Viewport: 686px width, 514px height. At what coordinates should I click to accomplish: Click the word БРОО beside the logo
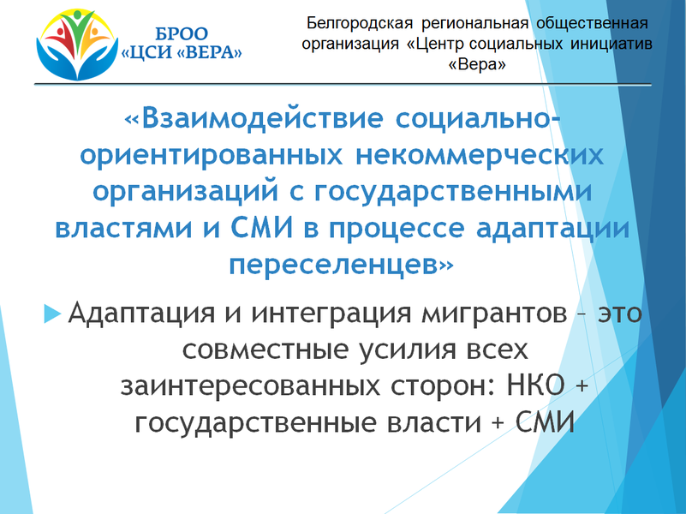tap(182, 33)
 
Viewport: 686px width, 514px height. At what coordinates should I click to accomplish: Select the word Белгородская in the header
tap(360, 24)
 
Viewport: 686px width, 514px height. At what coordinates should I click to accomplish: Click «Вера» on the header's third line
tap(477, 64)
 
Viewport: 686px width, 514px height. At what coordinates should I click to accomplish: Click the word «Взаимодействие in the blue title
tap(254, 118)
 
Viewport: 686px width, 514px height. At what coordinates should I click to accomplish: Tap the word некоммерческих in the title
tap(480, 155)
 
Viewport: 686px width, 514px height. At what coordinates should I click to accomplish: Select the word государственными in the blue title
tap(452, 192)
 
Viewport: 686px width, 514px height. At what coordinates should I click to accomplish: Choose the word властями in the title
tap(123, 228)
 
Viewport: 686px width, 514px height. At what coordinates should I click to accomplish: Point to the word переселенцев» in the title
tap(341, 264)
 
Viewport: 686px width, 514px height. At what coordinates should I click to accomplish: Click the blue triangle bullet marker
tap(52, 314)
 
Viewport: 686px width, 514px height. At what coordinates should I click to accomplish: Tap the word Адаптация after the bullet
tap(141, 314)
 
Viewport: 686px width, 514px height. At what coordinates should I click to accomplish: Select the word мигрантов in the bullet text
tap(494, 314)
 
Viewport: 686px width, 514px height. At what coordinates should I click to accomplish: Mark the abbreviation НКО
tap(535, 385)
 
